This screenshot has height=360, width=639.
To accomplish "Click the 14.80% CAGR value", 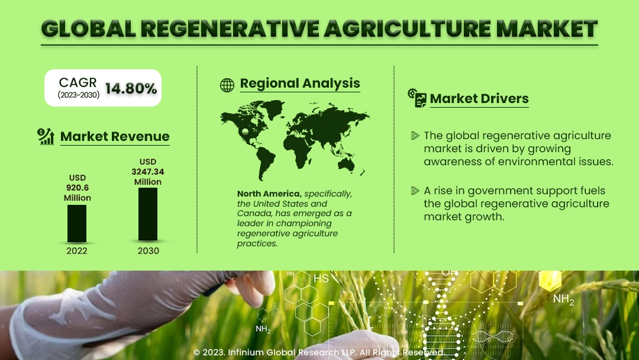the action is point(131,88).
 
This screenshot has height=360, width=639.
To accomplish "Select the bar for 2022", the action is point(77,223).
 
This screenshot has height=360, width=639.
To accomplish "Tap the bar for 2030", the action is point(148,214).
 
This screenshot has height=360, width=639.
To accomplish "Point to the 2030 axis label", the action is point(149,250).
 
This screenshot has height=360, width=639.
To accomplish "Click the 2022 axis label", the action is point(77,250).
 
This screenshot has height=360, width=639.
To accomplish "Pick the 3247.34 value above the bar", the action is point(148,172).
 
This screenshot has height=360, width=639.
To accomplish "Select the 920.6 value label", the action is point(78,188).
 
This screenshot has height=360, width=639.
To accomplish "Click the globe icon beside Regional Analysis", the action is point(227,85).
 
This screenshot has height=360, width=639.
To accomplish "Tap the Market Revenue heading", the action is point(115,136).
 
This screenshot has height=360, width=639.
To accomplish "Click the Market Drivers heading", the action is point(479,98).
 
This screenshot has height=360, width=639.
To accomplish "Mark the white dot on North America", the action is point(245,131).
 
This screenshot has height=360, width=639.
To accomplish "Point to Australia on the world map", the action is point(346,164).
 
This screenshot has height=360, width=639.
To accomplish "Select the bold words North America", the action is point(269,194).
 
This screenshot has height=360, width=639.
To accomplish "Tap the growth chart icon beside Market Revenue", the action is point(46,136).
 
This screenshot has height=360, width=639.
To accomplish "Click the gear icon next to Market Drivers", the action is point(412,94).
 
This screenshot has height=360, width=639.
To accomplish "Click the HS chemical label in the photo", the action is point(321,278).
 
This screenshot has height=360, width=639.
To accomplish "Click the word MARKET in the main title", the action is point(547,28).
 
